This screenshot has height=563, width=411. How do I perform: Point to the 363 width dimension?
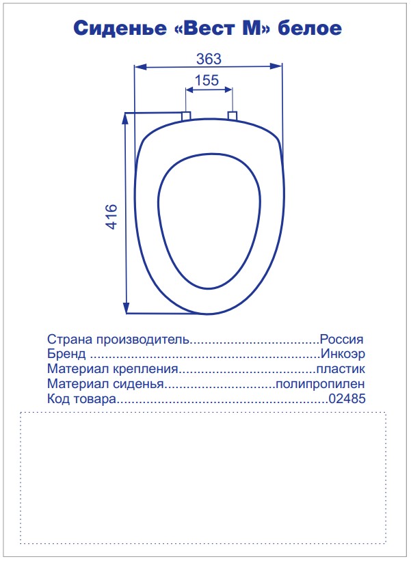[208, 59]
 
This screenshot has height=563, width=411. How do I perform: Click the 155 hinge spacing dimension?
[207, 81]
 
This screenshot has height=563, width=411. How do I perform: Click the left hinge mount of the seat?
[186, 115]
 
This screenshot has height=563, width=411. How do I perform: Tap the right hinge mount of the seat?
[232, 115]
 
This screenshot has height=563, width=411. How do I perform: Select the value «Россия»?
[342, 340]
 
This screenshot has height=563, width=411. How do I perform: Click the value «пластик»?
[340, 370]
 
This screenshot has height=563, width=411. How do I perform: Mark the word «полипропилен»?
[320, 385]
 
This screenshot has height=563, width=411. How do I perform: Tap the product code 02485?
[347, 400]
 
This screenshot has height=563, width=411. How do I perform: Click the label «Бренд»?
[66, 355]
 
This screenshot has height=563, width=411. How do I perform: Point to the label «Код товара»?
[81, 400]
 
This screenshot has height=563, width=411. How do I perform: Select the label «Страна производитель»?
[118, 340]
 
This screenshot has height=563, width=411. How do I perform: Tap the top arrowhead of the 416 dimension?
[126, 118]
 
